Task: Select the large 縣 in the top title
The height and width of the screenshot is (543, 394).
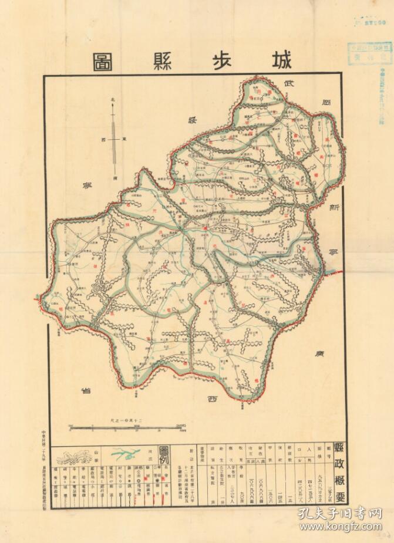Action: [162, 61]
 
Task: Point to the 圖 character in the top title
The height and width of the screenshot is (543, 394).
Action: [103, 61]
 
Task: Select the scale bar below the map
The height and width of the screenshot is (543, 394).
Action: [126, 426]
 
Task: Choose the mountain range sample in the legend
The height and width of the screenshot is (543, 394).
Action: [75, 456]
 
